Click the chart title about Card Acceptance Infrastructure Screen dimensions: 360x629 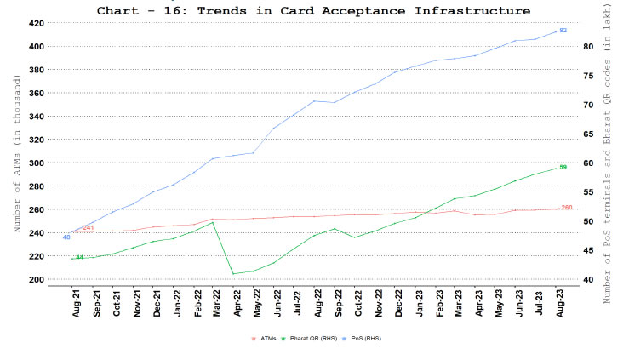click(x=313, y=10)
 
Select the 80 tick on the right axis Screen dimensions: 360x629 click(x=587, y=46)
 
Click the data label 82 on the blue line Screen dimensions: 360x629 click(x=563, y=31)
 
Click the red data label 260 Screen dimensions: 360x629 click(x=567, y=208)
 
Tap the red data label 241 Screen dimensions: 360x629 click(x=88, y=228)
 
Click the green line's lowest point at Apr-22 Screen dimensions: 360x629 click(x=233, y=274)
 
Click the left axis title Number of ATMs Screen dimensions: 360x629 click(x=16, y=153)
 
